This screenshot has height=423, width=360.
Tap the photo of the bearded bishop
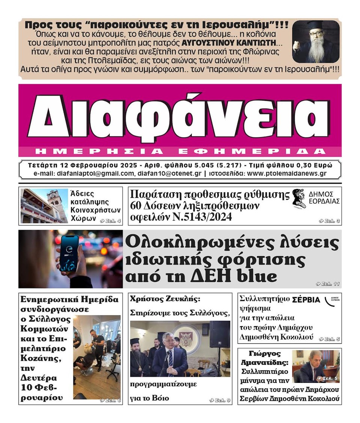316,42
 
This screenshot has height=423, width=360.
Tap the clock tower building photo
44,206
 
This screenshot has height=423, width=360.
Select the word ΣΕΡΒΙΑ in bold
306,300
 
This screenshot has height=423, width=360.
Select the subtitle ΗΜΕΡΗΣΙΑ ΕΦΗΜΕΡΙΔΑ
180,151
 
